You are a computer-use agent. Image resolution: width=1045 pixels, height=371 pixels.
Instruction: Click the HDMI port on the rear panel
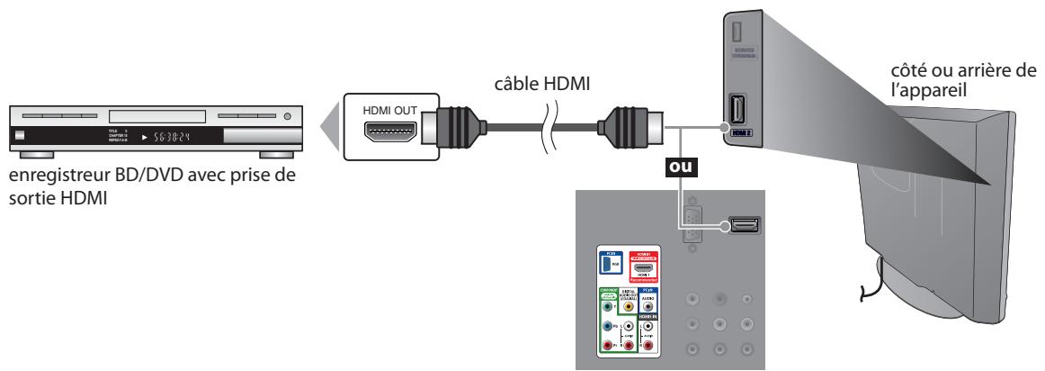pos(743,225)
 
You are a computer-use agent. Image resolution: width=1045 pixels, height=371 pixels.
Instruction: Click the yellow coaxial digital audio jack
pos(627,304)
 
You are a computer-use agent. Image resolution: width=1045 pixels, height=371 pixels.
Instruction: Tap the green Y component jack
pos(607,304)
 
